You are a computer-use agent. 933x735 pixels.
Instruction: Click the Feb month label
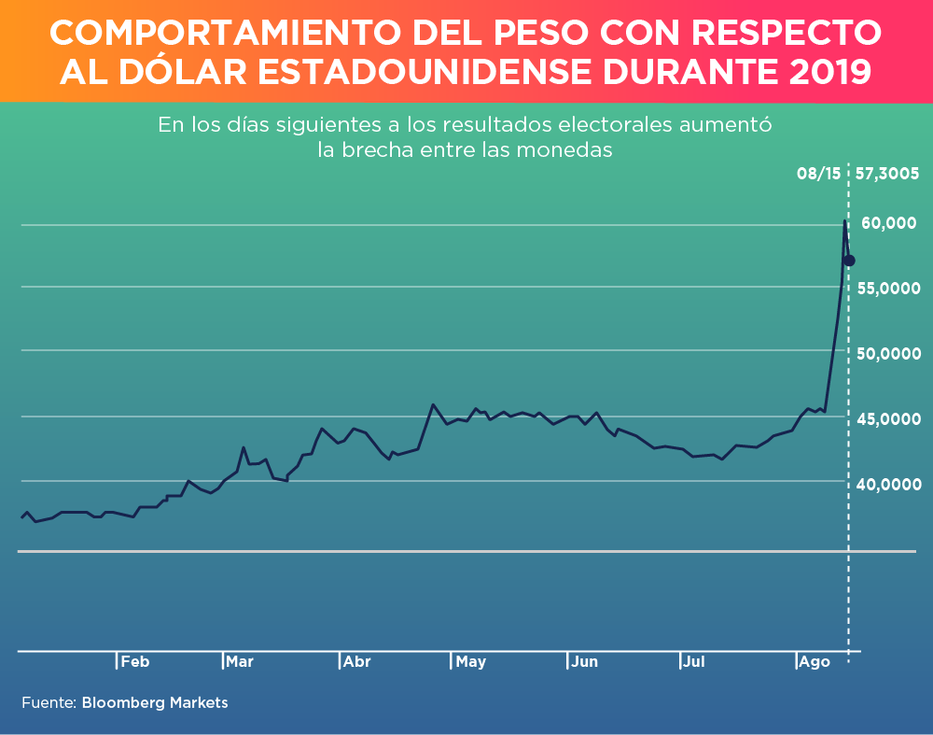(134, 662)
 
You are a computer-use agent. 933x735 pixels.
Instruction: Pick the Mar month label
(239, 662)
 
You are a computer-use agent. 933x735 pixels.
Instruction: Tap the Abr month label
(356, 662)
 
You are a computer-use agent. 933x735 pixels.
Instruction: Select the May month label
(471, 662)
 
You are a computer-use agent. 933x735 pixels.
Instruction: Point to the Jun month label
(585, 662)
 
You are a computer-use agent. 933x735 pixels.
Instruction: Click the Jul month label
(694, 662)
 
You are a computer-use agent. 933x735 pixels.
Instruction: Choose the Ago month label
(815, 662)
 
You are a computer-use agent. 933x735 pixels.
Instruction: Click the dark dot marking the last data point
(850, 261)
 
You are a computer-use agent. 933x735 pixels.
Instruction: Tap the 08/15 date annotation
(818, 174)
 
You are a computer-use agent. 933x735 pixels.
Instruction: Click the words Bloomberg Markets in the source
(155, 702)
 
